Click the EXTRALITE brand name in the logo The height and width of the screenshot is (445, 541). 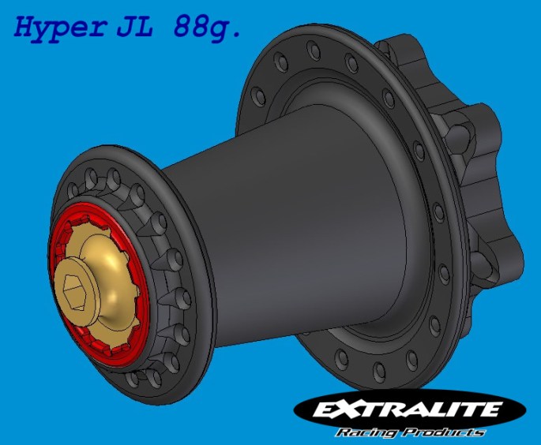(x=407, y=410)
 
